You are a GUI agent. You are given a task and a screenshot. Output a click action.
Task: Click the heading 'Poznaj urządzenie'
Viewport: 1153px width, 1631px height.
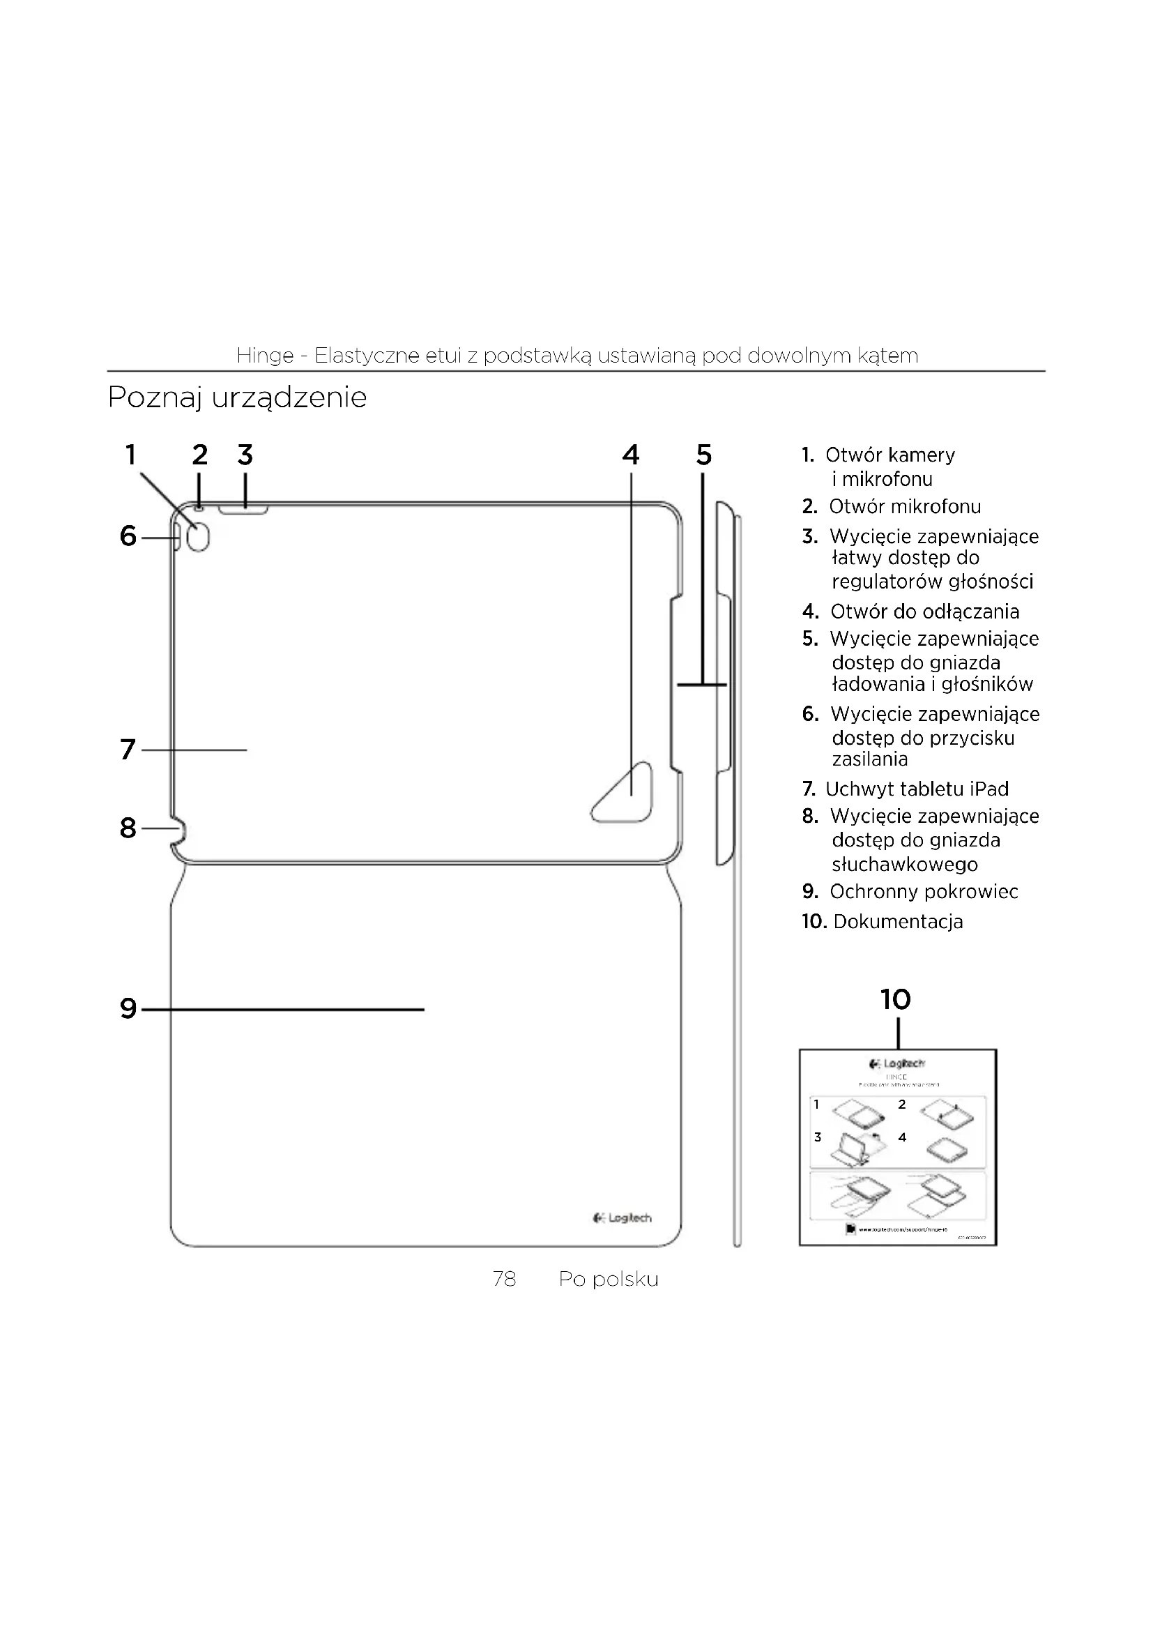[x=237, y=397]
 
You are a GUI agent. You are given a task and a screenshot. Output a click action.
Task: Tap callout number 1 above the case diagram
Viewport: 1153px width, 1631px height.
[x=130, y=455]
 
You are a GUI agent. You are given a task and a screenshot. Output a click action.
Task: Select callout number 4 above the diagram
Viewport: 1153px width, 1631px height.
[x=630, y=455]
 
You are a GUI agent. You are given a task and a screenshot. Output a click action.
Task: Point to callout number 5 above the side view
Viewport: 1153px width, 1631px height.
[x=703, y=455]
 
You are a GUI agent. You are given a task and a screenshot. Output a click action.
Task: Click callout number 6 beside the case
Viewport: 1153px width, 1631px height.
[x=128, y=536]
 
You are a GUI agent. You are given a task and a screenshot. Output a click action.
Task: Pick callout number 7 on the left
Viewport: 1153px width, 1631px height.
[x=128, y=750]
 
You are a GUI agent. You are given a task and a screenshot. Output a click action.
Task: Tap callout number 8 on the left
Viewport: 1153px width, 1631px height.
[x=128, y=828]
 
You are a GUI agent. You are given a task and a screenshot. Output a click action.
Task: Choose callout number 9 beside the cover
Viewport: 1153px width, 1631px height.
[x=128, y=1009]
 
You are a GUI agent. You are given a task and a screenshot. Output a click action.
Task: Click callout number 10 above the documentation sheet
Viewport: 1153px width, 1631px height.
[x=895, y=999]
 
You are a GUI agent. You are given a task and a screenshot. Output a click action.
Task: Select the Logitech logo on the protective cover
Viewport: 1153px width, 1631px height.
[x=623, y=1218]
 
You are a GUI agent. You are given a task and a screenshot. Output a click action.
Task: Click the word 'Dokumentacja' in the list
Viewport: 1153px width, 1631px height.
[x=898, y=922]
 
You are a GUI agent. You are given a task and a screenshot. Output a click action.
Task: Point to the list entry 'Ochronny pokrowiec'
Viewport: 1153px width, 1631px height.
[x=924, y=892]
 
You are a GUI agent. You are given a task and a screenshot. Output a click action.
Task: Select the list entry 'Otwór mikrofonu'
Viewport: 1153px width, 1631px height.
[x=905, y=506]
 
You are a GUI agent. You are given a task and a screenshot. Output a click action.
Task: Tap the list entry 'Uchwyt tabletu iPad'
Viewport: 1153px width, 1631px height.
[x=917, y=789]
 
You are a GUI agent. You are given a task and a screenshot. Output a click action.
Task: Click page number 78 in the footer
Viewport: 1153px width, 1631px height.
[x=504, y=1280]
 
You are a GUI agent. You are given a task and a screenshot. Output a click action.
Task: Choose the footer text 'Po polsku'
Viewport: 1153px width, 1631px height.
[x=609, y=1280]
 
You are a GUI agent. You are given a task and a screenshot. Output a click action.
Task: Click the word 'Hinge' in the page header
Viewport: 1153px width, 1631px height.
[x=265, y=355]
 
